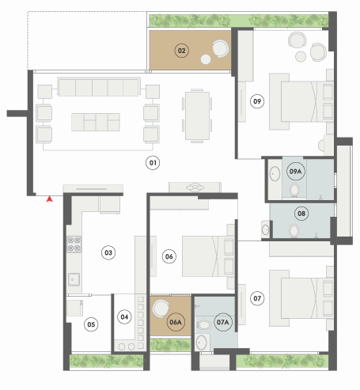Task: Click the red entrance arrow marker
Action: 49,199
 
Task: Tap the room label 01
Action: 153,163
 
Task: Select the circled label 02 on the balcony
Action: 182,51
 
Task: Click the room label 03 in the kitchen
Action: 108,252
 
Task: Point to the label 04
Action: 124,316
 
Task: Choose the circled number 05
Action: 91,324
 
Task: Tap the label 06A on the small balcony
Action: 176,322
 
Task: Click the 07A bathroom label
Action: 223,322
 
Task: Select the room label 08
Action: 301,214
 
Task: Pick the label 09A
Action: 295,172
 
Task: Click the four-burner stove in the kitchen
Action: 74,244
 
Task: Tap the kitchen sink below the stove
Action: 74,279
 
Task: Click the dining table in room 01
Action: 197,115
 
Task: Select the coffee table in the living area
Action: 96,122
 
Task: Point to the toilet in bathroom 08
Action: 294,231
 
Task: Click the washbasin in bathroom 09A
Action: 275,174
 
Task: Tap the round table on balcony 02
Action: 206,59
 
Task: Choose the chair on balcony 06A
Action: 161,308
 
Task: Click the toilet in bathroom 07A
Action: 203,324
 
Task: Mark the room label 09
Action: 257,101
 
